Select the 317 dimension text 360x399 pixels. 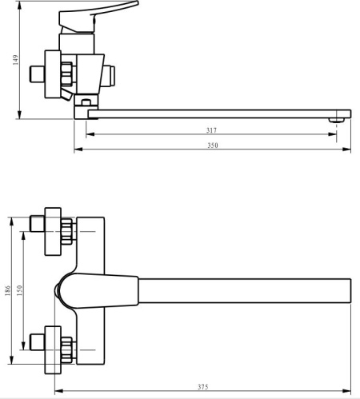[211, 130]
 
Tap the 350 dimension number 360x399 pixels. [212, 146]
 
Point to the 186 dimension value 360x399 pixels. [8, 291]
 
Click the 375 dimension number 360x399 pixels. [202, 388]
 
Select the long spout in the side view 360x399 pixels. [216, 114]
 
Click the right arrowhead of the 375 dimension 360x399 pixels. [349, 393]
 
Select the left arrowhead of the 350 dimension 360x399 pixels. [77, 150]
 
